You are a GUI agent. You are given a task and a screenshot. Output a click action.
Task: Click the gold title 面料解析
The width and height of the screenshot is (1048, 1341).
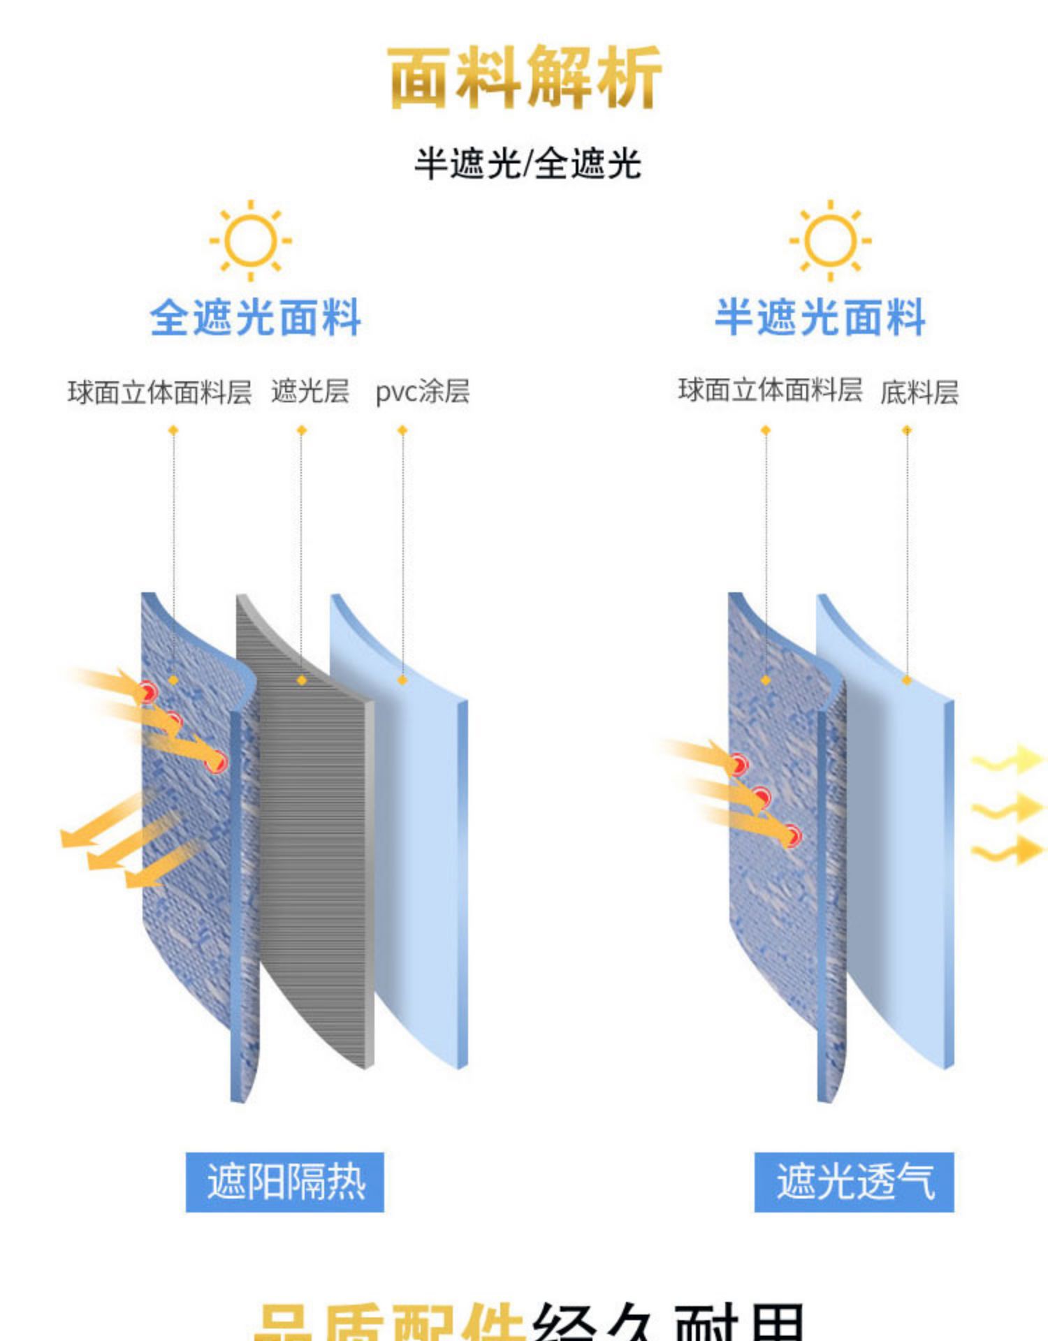pos(524,77)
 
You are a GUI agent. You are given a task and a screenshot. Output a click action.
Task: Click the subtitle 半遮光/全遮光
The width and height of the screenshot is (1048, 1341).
pos(527,164)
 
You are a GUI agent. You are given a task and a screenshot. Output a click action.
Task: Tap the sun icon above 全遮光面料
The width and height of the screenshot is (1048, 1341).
pos(251,240)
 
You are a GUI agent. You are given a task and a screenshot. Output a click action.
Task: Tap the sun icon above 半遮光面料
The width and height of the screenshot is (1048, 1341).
pos(830,240)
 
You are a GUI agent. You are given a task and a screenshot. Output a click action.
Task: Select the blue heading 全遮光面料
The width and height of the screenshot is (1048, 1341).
pos(255,318)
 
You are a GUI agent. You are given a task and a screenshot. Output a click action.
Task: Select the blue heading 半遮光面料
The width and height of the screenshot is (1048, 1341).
pos(820,318)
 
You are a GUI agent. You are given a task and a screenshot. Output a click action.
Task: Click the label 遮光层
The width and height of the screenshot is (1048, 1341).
pos(310,391)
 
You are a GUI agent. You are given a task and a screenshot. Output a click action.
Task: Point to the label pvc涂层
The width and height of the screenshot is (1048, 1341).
pos(422,391)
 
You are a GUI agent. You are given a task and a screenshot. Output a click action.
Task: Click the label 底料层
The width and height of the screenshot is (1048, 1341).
pos(919,392)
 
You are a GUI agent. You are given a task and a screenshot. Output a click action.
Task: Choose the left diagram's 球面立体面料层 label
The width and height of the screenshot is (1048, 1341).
pos(159,392)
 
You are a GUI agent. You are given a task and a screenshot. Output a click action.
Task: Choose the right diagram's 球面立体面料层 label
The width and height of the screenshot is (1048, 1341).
pos(770,390)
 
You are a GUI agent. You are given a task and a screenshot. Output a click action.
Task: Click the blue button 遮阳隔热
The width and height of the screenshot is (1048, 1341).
pos(285,1182)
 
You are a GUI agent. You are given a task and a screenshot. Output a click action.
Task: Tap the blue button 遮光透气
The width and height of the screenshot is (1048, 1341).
pos(854,1182)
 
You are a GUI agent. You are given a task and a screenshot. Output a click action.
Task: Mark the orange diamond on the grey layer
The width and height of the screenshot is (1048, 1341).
pos(302,680)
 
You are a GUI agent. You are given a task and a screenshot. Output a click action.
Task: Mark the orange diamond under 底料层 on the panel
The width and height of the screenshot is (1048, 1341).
pos(907,680)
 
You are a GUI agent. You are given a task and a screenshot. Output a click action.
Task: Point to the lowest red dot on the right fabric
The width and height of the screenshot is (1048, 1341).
pos(791,835)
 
